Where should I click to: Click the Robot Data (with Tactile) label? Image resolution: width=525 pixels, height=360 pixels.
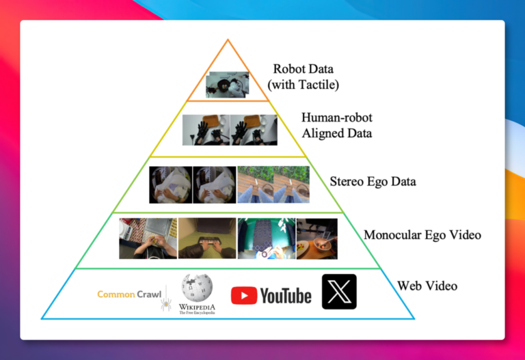[x=303, y=77]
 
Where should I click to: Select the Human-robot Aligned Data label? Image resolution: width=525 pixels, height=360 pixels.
[x=337, y=125]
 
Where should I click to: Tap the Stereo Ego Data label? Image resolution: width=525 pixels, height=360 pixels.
[x=373, y=181]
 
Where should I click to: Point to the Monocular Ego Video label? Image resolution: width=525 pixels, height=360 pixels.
[x=422, y=235]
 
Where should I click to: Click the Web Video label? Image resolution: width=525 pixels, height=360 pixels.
[x=427, y=286]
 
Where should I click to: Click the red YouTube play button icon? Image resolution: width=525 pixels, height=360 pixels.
[x=244, y=295]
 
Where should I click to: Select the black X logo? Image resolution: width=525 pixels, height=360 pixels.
[x=339, y=292]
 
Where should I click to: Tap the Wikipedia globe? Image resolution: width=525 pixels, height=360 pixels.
[x=197, y=288]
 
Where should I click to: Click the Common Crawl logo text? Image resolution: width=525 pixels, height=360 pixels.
[x=129, y=294]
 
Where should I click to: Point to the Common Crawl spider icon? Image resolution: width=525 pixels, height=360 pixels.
[x=166, y=304]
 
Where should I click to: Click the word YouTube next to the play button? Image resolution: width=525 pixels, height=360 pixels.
[x=286, y=296]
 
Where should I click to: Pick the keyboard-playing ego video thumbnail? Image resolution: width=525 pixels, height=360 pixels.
[x=207, y=238]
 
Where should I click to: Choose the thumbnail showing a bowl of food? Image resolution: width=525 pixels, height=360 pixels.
[x=317, y=239]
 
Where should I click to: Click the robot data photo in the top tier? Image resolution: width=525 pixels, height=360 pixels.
[x=228, y=85]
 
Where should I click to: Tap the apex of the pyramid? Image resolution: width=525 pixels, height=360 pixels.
[x=228, y=40]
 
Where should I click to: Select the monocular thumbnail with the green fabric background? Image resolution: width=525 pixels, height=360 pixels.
[x=267, y=238]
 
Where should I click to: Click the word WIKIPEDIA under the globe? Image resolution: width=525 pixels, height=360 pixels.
[x=197, y=307]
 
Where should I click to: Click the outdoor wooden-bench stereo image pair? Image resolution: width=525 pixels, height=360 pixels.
[x=273, y=184]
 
